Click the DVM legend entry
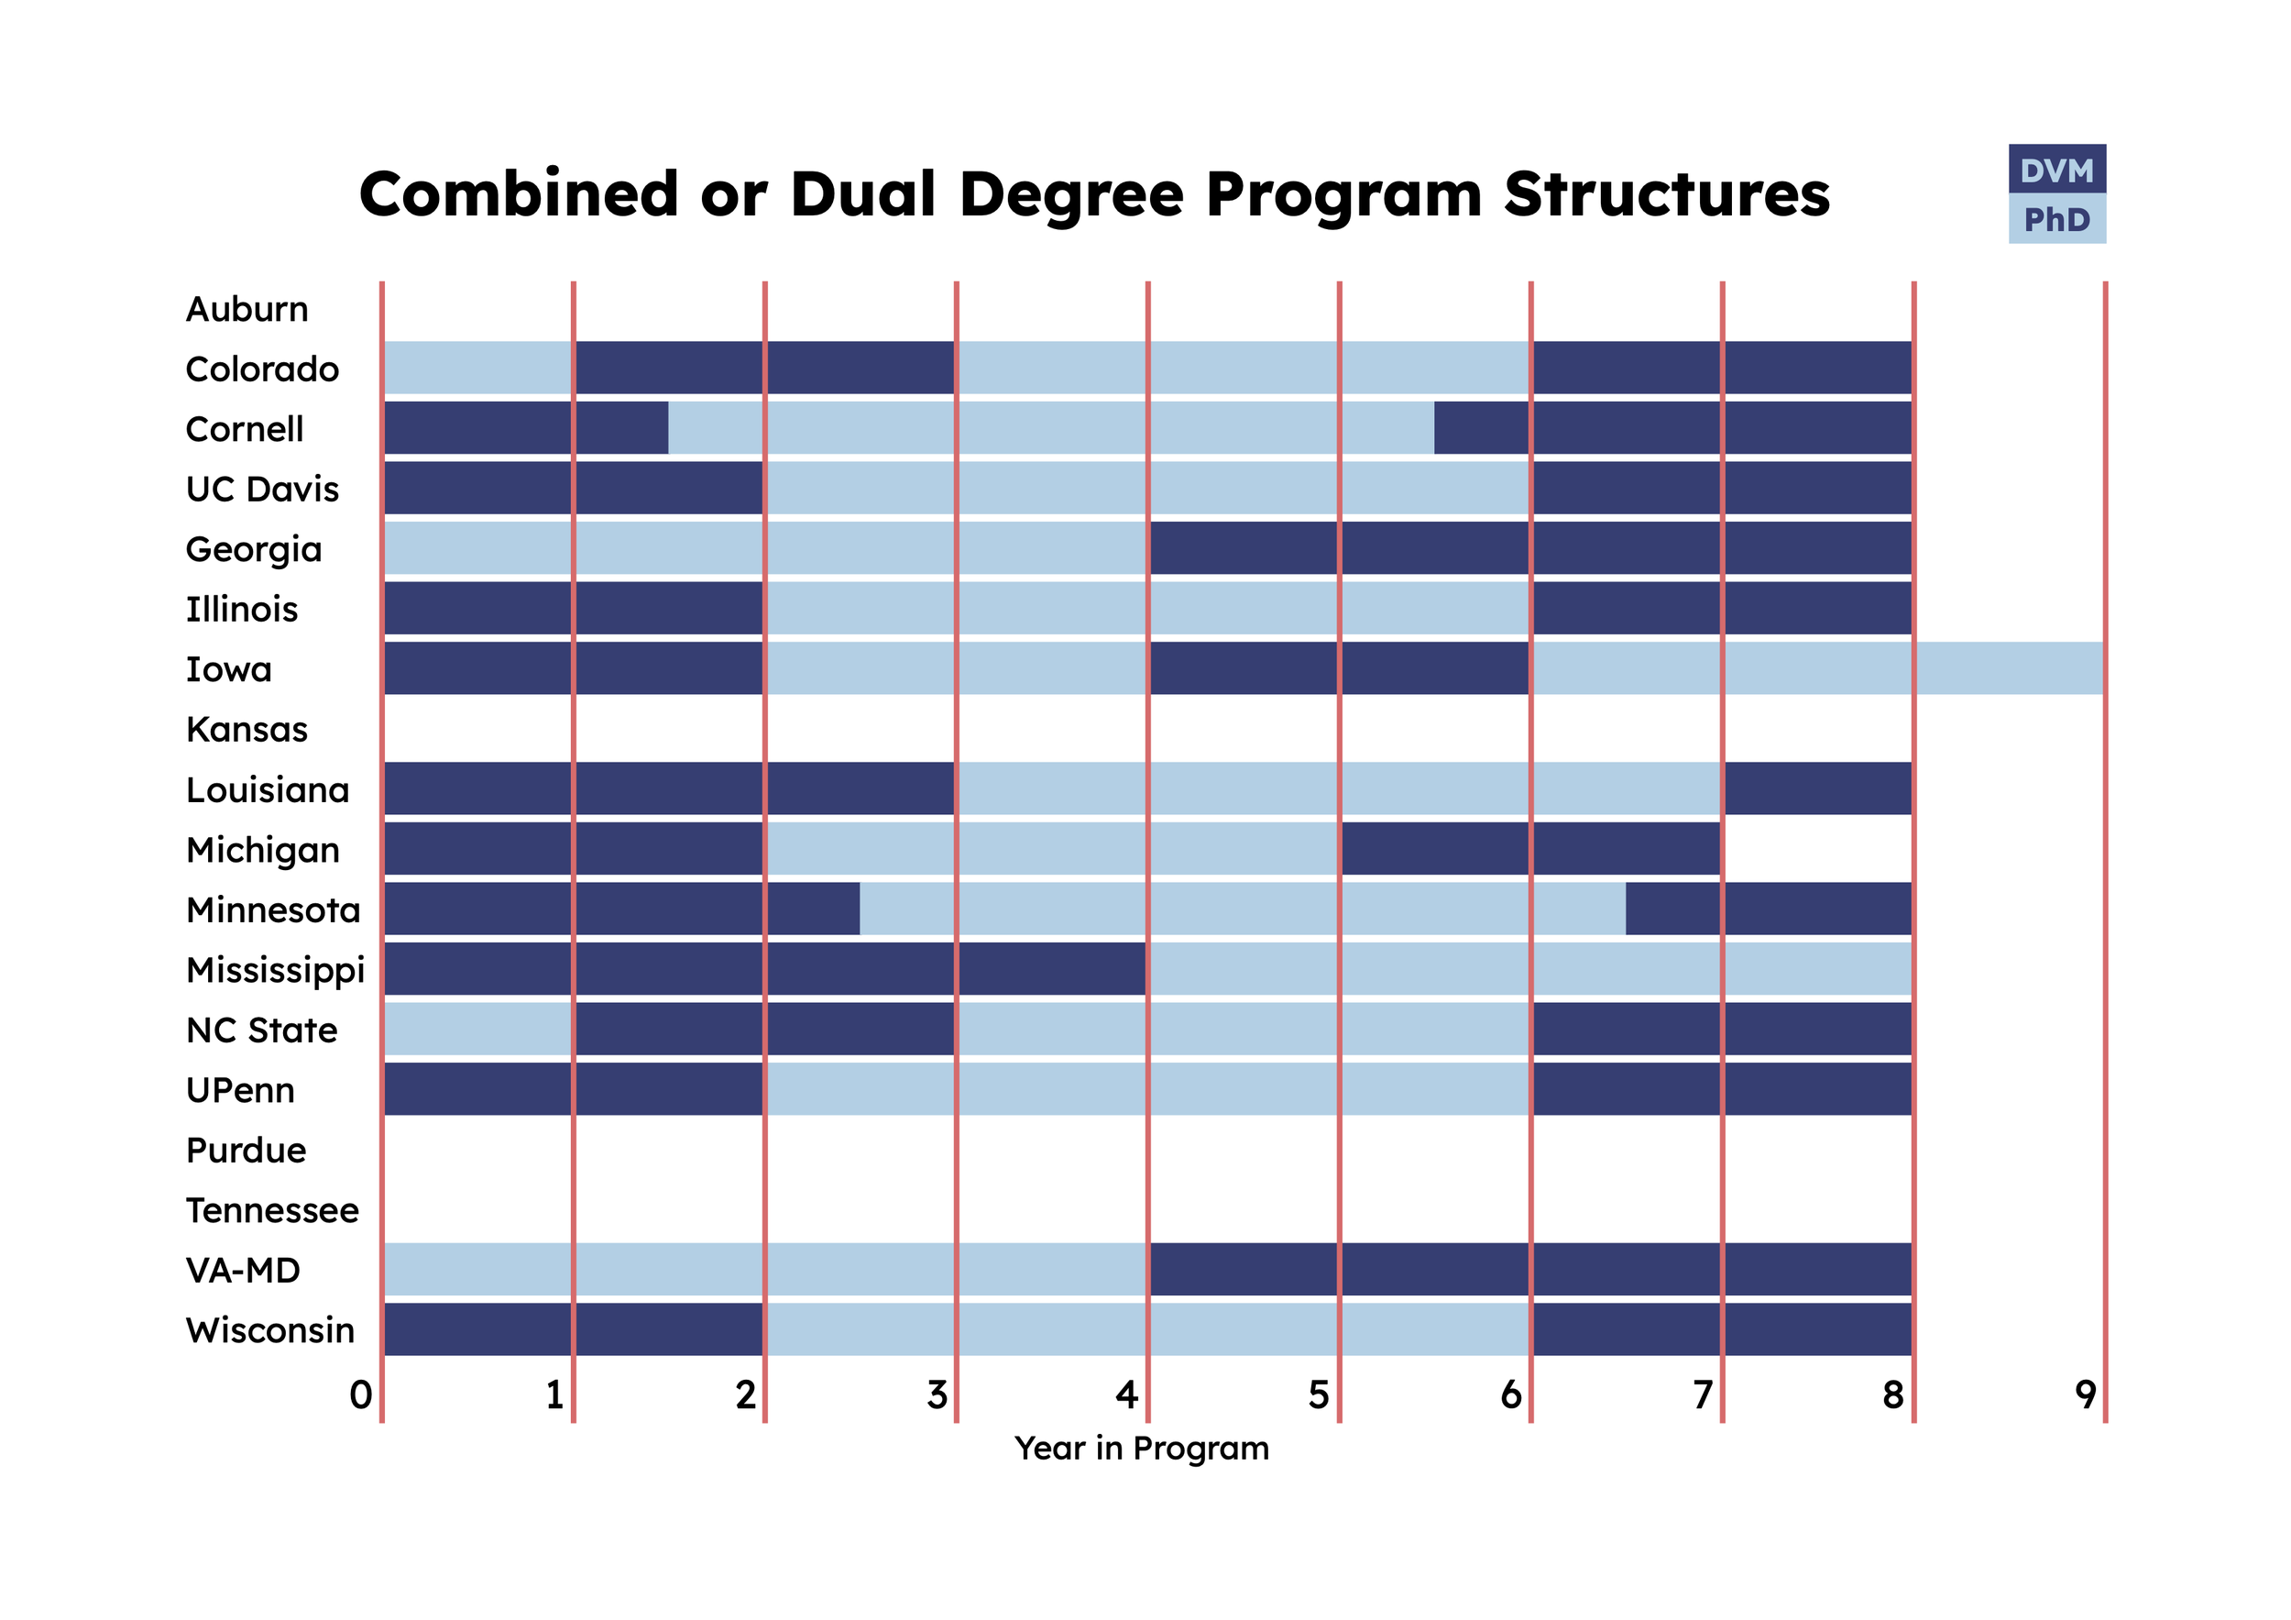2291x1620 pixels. click(x=2055, y=170)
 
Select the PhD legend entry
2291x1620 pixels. click(x=2055, y=218)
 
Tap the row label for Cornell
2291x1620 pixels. click(x=245, y=429)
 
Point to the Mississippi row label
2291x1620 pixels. click(x=276, y=970)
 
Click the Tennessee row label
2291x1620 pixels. click(x=272, y=1211)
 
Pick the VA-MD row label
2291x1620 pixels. click(x=243, y=1271)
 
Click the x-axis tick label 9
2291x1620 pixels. click(x=2085, y=1394)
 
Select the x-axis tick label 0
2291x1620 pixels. click(x=361, y=1394)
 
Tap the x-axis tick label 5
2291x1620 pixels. click(x=1318, y=1394)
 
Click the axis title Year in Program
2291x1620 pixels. click(x=1142, y=1449)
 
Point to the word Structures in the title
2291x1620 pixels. click(x=1666, y=193)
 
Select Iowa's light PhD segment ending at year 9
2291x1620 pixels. click(x=1817, y=668)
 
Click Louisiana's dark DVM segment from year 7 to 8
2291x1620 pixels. click(x=1818, y=788)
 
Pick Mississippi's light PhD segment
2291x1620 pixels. click(x=1529, y=969)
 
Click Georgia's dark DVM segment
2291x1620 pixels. click(x=1529, y=548)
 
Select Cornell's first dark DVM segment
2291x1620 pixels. click(x=526, y=428)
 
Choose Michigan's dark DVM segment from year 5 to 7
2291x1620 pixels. click(x=1529, y=848)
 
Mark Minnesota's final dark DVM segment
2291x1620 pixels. click(x=1768, y=909)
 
